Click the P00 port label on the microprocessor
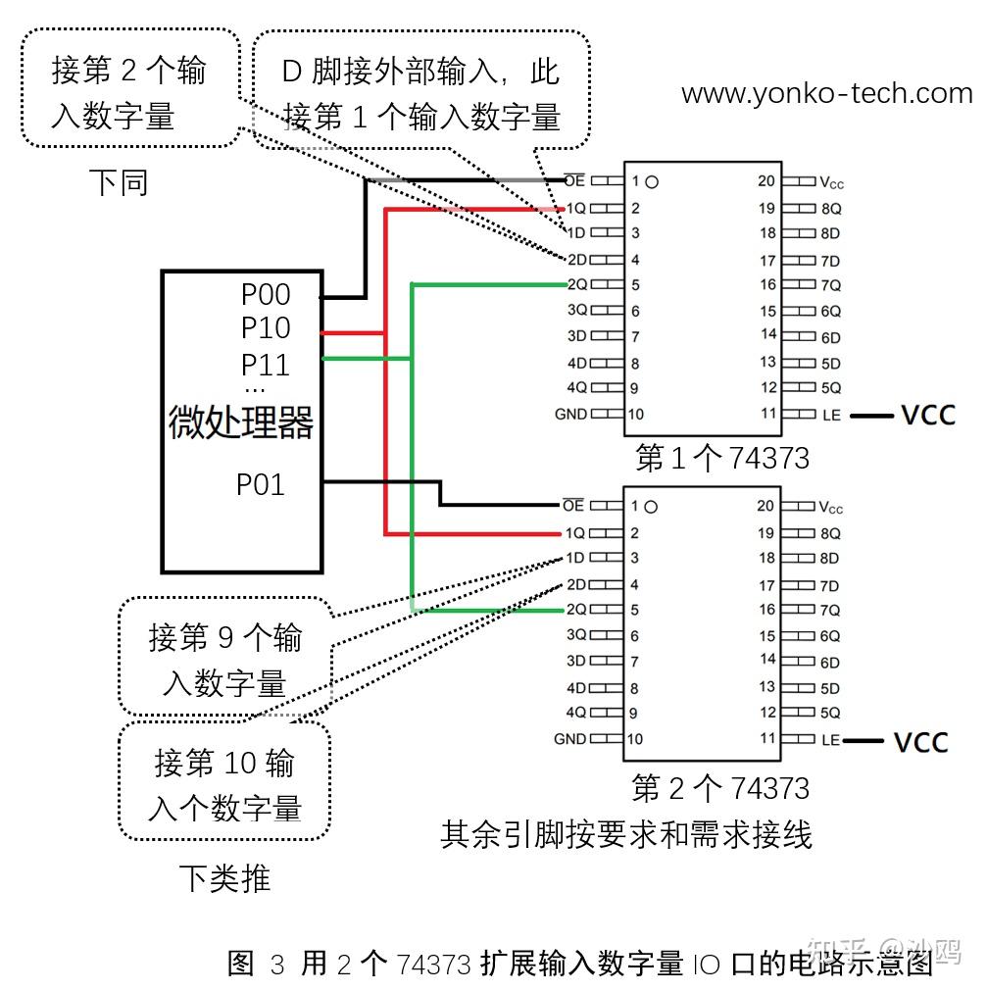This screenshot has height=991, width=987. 266,294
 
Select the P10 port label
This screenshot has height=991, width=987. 266,328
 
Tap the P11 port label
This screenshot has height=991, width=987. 266,365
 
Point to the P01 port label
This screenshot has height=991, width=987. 261,484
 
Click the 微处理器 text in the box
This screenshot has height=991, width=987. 241,423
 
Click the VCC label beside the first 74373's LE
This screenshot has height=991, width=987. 927,415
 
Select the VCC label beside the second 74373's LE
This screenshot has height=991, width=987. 920,742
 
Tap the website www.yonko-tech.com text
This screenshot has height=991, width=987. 826,94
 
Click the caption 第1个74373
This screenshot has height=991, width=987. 722,458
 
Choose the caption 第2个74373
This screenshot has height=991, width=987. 720,788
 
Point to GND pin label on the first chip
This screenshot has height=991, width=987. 570,414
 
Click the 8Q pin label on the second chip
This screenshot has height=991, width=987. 830,533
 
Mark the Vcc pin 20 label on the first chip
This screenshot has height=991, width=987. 831,182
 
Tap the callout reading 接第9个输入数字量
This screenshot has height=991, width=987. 224,659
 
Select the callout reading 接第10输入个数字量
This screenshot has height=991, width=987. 224,784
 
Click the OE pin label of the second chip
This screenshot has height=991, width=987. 572,506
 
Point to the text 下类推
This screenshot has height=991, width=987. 224,877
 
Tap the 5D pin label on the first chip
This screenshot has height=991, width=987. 830,363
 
